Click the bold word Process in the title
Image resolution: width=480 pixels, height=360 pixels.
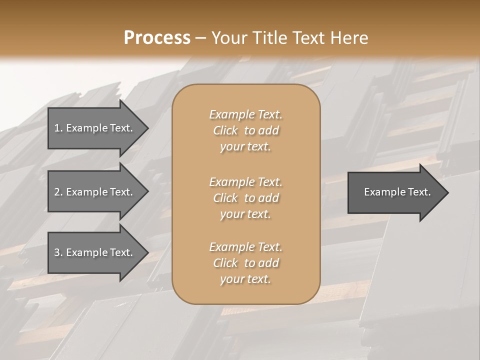pos(157,38)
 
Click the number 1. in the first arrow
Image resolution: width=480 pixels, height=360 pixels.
pos(58,128)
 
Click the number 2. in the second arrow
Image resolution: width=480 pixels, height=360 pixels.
pos(58,192)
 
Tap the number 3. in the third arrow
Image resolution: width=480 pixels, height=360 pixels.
pos(58,252)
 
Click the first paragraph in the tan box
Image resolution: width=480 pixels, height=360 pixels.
pos(245,130)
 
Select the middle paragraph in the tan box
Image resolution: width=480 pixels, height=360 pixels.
pos(245,197)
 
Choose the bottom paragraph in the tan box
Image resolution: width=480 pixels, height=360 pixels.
pos(245,263)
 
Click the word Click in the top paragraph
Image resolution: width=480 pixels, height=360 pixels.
pos(225,130)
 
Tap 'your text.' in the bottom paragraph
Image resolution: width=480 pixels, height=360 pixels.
pos(245,279)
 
